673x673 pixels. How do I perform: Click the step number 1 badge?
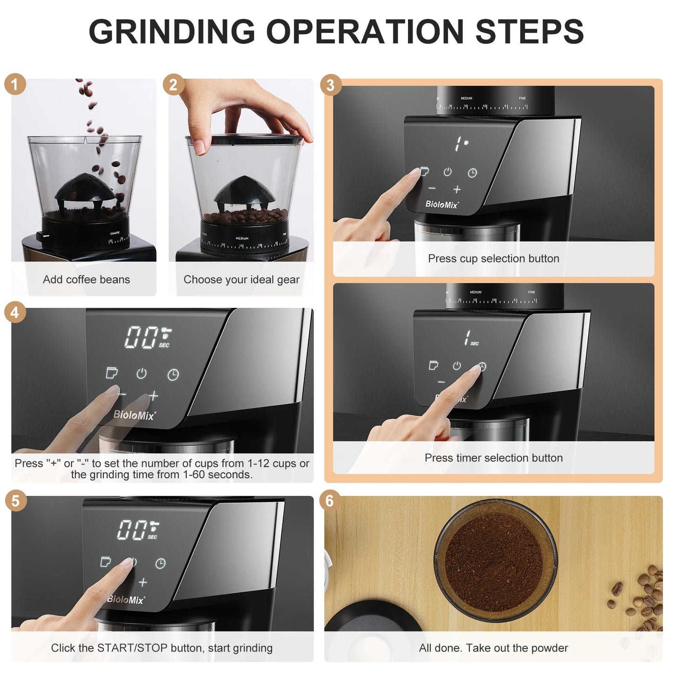[x=15, y=84]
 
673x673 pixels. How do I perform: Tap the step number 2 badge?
[x=173, y=85]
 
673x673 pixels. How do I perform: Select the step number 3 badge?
[x=330, y=85]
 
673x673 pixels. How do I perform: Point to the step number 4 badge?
[x=15, y=313]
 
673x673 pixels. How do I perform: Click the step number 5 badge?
[x=15, y=501]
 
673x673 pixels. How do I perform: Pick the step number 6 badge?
[x=330, y=501]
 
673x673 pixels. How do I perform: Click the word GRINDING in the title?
[x=172, y=32]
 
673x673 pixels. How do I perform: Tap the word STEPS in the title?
[x=529, y=32]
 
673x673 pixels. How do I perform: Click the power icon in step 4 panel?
[x=142, y=374]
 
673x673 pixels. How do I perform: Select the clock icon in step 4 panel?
[x=173, y=374]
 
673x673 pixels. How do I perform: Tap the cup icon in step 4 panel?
[x=112, y=373]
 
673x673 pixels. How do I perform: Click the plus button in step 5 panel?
[x=143, y=582]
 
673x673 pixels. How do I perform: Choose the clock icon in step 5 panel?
[x=161, y=564]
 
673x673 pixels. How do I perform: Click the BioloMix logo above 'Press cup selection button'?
[x=442, y=204]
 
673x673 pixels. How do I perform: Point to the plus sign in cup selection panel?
[x=457, y=189]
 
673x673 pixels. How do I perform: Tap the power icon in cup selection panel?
[x=448, y=172]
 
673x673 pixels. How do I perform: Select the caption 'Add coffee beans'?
[x=86, y=279]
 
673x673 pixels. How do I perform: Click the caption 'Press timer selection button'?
[x=494, y=458]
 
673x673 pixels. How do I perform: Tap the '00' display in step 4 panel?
[x=140, y=337]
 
